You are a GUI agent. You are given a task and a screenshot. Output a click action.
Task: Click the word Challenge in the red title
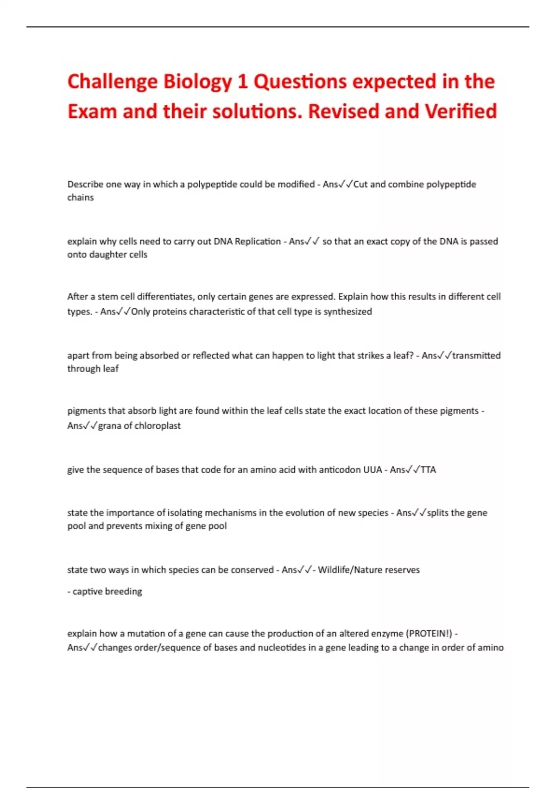[113, 82]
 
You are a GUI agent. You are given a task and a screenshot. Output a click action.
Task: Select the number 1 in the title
[242, 82]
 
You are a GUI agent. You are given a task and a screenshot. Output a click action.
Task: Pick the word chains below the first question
[81, 197]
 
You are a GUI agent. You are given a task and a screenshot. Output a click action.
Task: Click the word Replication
[258, 241]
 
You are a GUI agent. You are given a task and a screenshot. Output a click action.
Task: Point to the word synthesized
[347, 311]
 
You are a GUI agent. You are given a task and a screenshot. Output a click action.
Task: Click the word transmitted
[476, 356]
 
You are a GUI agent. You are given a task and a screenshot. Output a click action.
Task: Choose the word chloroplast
[158, 426]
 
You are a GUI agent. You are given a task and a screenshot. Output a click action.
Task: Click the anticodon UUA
[373, 470]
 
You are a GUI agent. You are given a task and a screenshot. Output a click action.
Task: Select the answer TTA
[428, 470]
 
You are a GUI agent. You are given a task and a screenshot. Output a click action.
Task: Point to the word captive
[88, 591]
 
